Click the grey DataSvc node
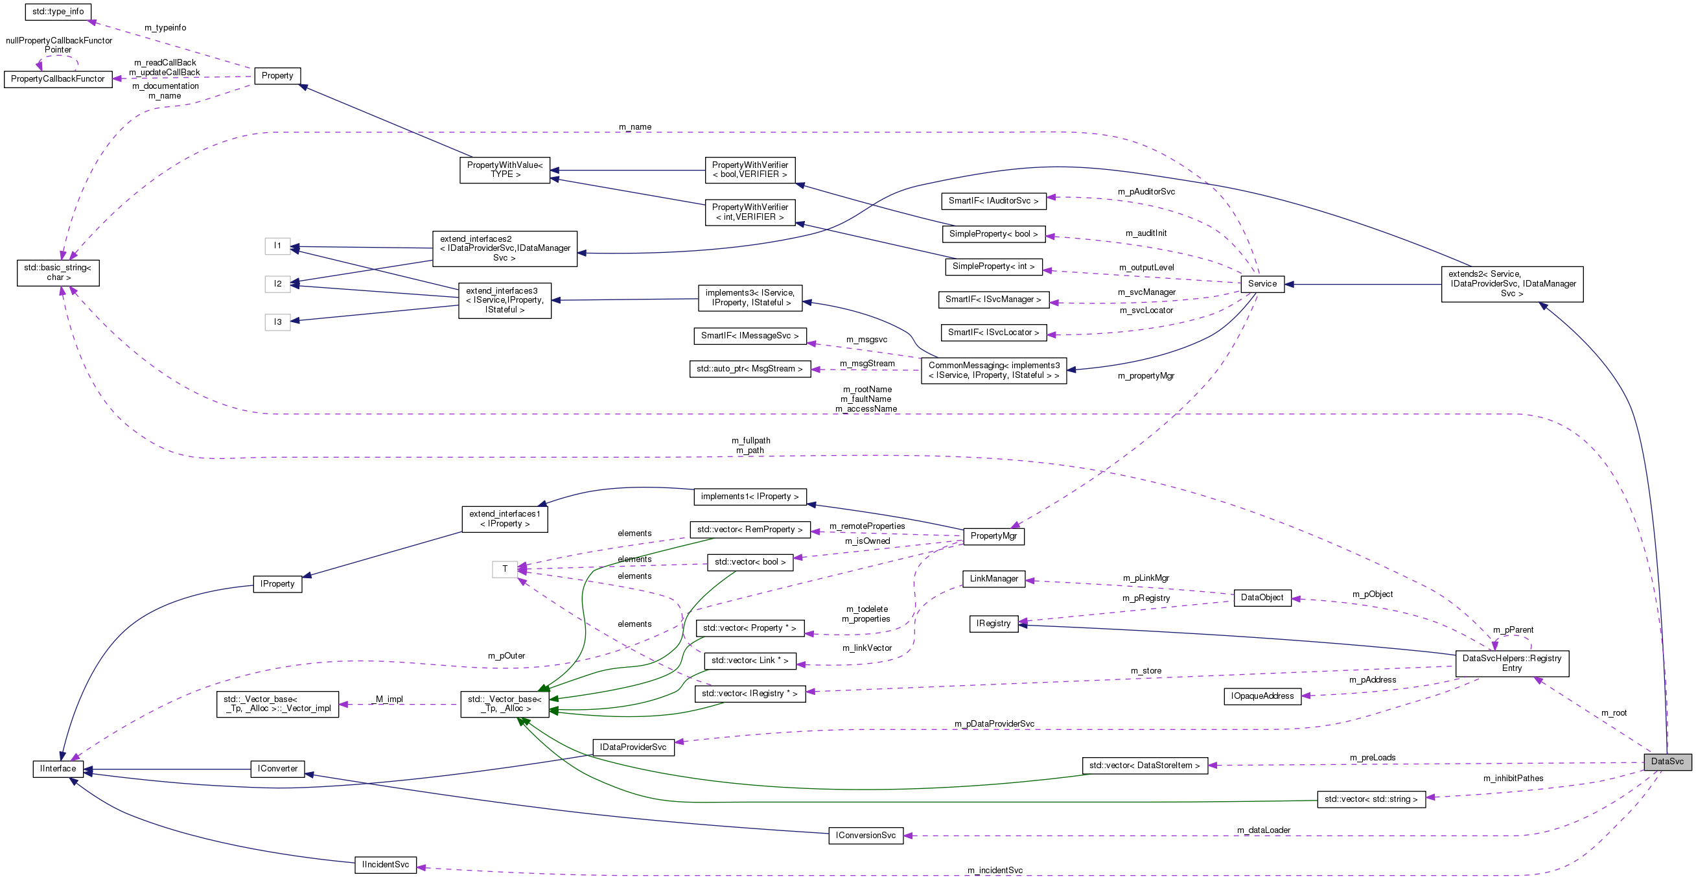point(1667,762)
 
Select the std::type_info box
point(57,12)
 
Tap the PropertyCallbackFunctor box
point(58,79)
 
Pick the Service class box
point(1261,284)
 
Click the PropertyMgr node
point(993,536)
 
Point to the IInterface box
point(58,769)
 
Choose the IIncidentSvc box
point(385,865)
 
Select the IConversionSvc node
point(865,836)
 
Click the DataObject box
point(1261,598)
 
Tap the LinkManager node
point(993,579)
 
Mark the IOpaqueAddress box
point(1261,696)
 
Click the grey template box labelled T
point(504,569)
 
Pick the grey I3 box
point(277,322)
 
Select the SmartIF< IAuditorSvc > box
point(993,201)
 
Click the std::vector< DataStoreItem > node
point(1144,766)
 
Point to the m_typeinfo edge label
point(165,28)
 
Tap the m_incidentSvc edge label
point(994,871)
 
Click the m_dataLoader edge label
point(1263,830)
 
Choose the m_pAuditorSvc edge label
point(1146,192)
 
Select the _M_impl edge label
point(388,699)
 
